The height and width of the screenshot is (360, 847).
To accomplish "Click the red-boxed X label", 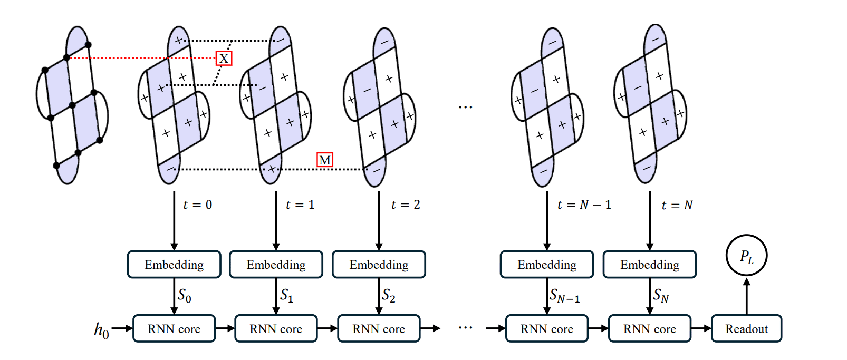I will (x=224, y=58).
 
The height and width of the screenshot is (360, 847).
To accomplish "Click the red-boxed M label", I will (x=325, y=160).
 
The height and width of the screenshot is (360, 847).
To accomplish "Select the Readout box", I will (x=746, y=329).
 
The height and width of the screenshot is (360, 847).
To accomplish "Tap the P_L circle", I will (x=746, y=256).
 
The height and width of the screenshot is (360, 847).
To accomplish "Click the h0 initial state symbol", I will (x=101, y=330).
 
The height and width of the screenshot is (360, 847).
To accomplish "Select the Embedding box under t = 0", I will (x=174, y=265).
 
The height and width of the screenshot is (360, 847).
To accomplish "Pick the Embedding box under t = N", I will (x=650, y=265).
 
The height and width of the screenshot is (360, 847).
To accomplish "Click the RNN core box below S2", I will (x=379, y=329).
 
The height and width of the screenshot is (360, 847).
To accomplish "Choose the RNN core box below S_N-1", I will (x=547, y=329).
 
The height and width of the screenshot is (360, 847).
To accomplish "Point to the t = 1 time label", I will (x=300, y=205).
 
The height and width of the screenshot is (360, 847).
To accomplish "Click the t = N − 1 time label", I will (x=584, y=205).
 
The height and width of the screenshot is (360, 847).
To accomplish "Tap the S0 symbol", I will (x=184, y=296).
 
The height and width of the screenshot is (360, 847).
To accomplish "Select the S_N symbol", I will (x=661, y=296).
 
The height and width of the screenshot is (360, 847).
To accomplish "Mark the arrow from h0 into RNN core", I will (x=122, y=328).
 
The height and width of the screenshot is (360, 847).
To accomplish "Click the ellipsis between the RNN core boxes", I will (x=465, y=328).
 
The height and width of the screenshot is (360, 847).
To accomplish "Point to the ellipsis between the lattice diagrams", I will (x=465, y=107).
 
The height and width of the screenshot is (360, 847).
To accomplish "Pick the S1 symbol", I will (x=286, y=296).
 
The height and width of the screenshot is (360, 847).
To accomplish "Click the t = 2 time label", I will (x=406, y=205).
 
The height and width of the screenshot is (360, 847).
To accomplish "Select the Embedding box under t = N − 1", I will (x=547, y=265).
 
